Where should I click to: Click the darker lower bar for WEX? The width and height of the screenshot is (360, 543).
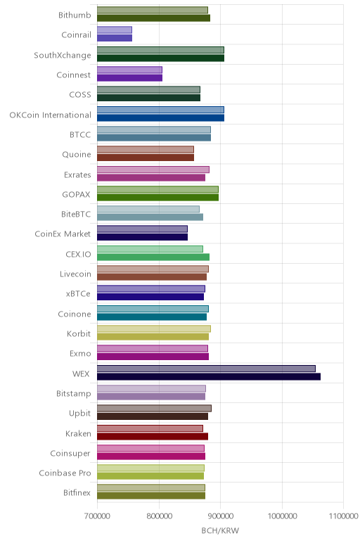point(209,376)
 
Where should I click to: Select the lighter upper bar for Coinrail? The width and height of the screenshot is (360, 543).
point(114,30)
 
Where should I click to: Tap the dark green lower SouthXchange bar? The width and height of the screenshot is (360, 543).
point(160,58)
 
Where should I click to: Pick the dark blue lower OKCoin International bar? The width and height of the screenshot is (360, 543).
point(160,117)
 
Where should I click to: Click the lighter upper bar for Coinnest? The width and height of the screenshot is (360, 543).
point(129,70)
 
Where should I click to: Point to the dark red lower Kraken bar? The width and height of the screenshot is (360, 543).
point(153,436)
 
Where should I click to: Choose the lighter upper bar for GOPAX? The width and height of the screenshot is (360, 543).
point(157,189)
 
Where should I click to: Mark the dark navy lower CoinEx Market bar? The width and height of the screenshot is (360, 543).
point(142,237)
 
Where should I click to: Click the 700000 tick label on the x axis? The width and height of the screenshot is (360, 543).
point(97,516)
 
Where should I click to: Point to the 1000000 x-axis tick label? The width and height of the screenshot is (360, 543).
point(282,516)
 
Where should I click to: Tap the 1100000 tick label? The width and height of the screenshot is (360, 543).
point(343,516)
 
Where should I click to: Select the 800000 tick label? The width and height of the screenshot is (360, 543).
point(159,516)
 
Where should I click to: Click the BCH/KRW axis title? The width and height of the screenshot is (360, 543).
point(220,530)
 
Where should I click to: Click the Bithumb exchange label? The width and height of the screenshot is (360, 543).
point(75,15)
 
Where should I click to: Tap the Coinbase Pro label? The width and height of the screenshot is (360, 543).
point(65,473)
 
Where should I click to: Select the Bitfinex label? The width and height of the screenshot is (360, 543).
point(77,492)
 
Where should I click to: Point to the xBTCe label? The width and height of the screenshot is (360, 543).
point(78,294)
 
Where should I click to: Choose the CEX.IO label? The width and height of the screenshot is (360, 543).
point(78,254)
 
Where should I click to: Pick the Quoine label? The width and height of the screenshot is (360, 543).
point(77,155)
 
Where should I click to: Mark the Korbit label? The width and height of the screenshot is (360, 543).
point(79,333)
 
